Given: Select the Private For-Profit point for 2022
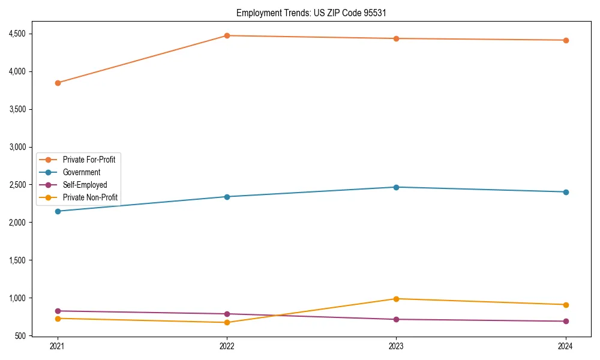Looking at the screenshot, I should click(227, 35).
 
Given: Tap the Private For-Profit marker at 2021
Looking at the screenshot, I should click(58, 83).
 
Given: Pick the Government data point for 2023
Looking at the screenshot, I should click(396, 187).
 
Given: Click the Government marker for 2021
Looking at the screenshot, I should click(58, 211).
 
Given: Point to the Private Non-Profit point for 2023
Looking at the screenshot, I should click(396, 299).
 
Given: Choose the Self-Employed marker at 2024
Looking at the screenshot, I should click(566, 321).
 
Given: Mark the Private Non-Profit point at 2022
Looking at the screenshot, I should click(227, 322).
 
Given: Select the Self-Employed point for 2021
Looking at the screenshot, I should click(58, 311).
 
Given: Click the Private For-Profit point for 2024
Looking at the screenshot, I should click(566, 40).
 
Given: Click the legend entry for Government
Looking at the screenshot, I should click(81, 172).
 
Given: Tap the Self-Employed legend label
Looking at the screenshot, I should click(85, 185).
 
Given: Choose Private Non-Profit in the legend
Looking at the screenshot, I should click(89, 197).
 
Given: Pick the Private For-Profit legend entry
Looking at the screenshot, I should click(88, 160).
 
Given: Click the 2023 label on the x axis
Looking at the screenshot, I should click(396, 346).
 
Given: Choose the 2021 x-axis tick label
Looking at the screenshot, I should click(58, 346).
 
